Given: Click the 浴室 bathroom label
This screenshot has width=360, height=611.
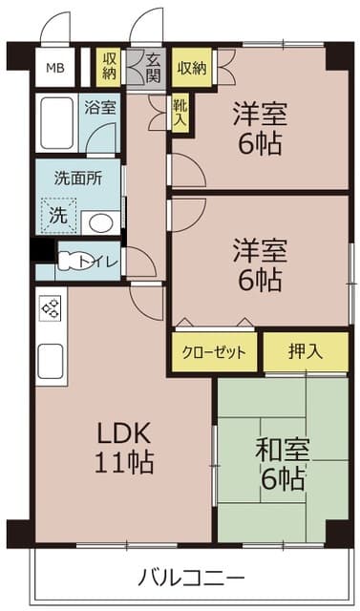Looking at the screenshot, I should click(97, 107).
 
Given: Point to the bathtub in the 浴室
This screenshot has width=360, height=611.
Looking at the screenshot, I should click(57, 122).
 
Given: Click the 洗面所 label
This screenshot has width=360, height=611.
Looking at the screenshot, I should click(73, 178).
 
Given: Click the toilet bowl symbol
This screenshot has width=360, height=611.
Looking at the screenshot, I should click(74, 259).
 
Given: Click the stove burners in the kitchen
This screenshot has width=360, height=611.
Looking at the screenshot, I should click(51, 309).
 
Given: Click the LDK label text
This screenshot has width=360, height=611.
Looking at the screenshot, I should click(123, 432).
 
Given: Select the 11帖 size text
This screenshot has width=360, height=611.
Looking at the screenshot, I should click(123, 463).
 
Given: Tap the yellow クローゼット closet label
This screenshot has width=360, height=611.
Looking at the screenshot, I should click(215, 351).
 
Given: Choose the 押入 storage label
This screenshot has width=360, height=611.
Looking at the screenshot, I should click(306, 350).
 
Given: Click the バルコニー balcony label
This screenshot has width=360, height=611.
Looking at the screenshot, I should click(191, 577).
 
